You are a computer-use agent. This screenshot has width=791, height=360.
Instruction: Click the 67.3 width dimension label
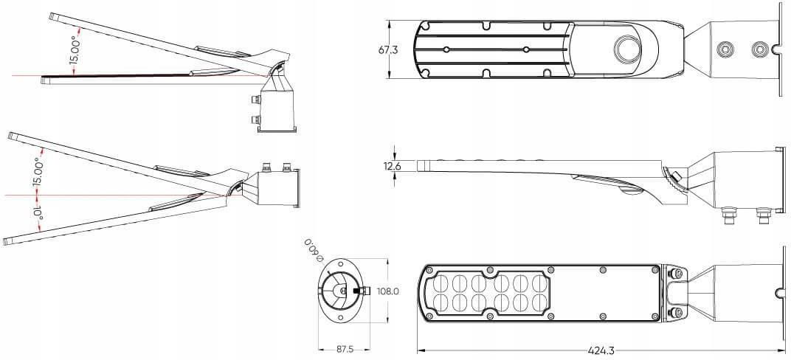click(388, 50)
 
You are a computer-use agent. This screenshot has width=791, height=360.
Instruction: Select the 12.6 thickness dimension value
click(393, 166)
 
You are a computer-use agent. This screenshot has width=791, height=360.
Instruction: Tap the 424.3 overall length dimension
click(601, 350)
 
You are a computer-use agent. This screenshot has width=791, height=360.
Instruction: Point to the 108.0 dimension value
click(388, 291)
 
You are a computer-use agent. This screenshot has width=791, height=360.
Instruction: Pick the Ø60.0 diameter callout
click(314, 249)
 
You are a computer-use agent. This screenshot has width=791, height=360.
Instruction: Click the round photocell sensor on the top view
click(626, 49)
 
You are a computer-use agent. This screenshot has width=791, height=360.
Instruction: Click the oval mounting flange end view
click(344, 291)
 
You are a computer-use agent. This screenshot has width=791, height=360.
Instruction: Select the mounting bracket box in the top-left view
click(277, 111)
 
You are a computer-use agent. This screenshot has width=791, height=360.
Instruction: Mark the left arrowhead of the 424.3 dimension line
click(421, 350)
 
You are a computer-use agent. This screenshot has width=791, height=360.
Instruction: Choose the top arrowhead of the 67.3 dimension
click(389, 23)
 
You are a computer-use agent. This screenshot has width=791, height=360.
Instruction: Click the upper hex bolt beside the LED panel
click(675, 274)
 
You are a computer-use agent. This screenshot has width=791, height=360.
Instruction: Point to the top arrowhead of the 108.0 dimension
click(387, 262)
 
